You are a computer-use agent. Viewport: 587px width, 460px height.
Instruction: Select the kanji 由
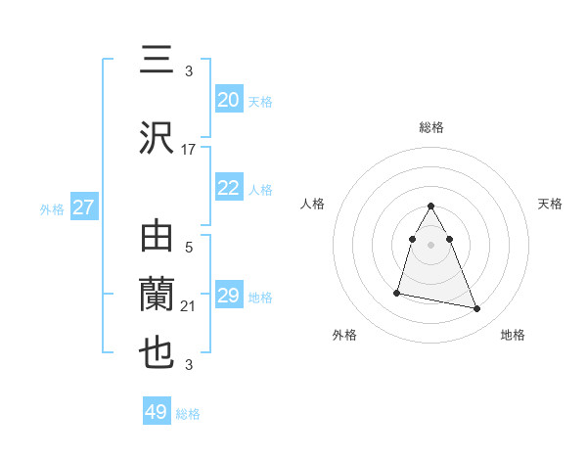coord(158,238)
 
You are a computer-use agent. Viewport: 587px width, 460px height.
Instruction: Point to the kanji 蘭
coord(158,293)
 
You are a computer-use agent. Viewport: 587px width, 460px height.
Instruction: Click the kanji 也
coord(158,351)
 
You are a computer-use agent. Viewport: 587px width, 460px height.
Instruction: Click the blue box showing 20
coord(228,100)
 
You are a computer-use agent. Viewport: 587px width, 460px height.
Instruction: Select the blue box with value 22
coord(228,189)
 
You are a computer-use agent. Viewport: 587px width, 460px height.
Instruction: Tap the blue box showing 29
coord(228,296)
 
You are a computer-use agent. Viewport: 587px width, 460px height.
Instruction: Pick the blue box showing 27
coord(84,207)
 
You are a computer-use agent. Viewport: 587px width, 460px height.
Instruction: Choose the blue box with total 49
coord(157,412)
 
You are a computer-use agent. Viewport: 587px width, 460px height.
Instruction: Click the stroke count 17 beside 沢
coord(189,150)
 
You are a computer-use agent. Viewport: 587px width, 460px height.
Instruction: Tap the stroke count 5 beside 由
coord(189,249)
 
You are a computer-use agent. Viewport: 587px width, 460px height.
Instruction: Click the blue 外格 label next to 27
coord(52,208)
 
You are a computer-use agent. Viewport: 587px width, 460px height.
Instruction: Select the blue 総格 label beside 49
coord(188,414)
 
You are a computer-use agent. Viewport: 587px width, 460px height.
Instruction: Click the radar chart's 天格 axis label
coord(550,204)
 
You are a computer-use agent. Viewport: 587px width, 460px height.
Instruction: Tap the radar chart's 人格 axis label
coord(312,204)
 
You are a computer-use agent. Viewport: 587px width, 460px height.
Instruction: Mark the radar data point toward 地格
coord(476,309)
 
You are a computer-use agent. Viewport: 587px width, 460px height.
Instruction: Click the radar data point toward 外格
coord(397,293)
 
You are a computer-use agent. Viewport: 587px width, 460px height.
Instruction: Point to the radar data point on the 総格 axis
coord(431,206)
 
